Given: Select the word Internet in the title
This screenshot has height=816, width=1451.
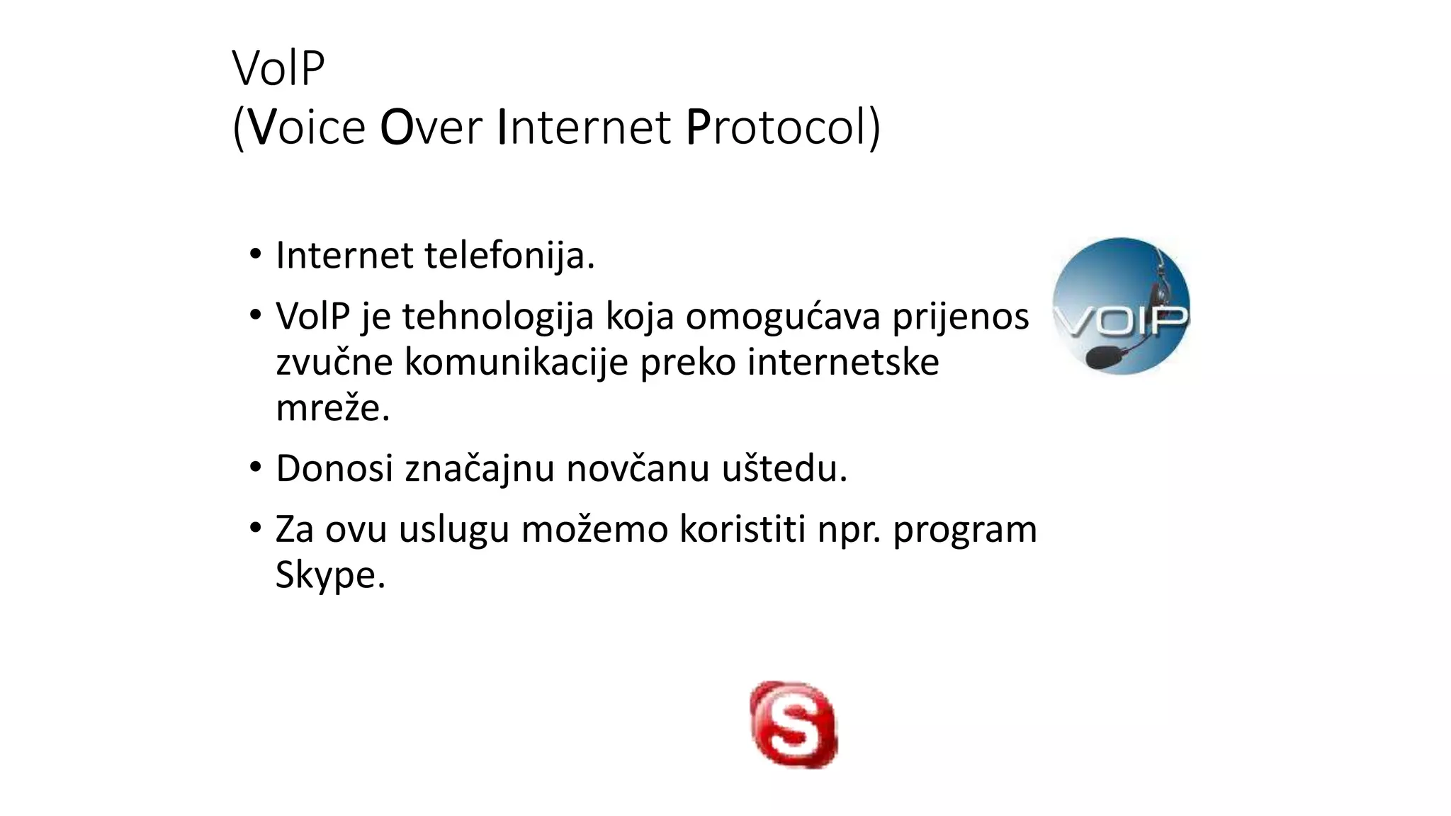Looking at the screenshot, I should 583,127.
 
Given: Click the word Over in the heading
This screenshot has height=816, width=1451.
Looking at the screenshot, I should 431,127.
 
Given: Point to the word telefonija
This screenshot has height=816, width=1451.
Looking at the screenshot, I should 509,256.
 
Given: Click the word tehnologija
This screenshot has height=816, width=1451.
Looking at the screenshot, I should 497,317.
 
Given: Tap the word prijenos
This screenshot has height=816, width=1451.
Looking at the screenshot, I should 960,317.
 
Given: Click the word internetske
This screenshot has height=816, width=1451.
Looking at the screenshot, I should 843,363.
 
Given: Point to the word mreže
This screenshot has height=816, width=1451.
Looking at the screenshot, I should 332,408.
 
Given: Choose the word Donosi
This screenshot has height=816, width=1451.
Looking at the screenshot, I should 334,469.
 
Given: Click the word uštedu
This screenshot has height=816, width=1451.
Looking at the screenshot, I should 784,469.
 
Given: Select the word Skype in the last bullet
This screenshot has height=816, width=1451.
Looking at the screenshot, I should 329,575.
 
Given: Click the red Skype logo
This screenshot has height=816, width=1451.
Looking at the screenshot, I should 794,724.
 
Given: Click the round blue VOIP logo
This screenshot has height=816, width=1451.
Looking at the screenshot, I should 1121,306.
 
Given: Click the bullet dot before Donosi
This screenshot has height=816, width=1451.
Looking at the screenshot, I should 256,467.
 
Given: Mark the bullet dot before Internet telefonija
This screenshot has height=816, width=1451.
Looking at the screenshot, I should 256,254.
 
